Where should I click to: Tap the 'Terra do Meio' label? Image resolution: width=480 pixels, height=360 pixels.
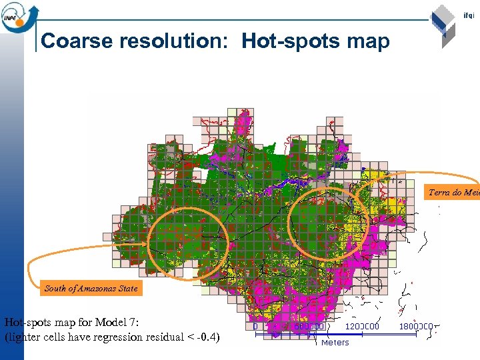(453, 193)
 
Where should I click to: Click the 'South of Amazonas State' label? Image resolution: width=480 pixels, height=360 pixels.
(91, 289)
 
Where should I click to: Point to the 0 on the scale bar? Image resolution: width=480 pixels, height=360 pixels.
(255, 327)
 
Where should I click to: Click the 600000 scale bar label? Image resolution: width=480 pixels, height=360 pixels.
(309, 327)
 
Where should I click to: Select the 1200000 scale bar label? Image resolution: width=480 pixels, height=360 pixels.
(363, 327)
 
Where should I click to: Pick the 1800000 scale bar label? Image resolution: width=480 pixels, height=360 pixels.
(417, 327)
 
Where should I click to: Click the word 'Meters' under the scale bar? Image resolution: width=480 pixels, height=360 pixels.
(335, 343)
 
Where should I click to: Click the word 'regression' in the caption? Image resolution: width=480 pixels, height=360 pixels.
(115, 337)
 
